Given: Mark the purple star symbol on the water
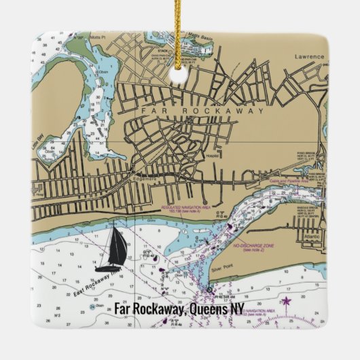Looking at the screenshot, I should [x=286, y=301].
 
